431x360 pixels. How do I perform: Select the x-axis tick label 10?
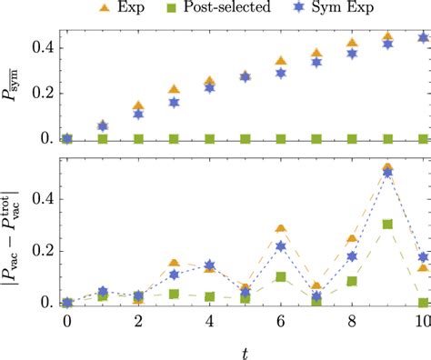[422, 323]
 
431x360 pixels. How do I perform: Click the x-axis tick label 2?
[138, 323]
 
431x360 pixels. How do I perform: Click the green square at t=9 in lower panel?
[387, 224]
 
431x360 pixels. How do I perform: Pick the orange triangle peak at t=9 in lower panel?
[387, 168]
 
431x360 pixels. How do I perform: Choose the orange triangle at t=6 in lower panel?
[281, 228]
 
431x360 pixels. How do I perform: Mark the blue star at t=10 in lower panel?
[423, 257]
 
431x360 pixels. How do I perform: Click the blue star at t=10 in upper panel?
[423, 38]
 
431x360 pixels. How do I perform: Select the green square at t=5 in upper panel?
[246, 139]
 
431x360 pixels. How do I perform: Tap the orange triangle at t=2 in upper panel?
[138, 106]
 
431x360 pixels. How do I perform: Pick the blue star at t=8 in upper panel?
[352, 54]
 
